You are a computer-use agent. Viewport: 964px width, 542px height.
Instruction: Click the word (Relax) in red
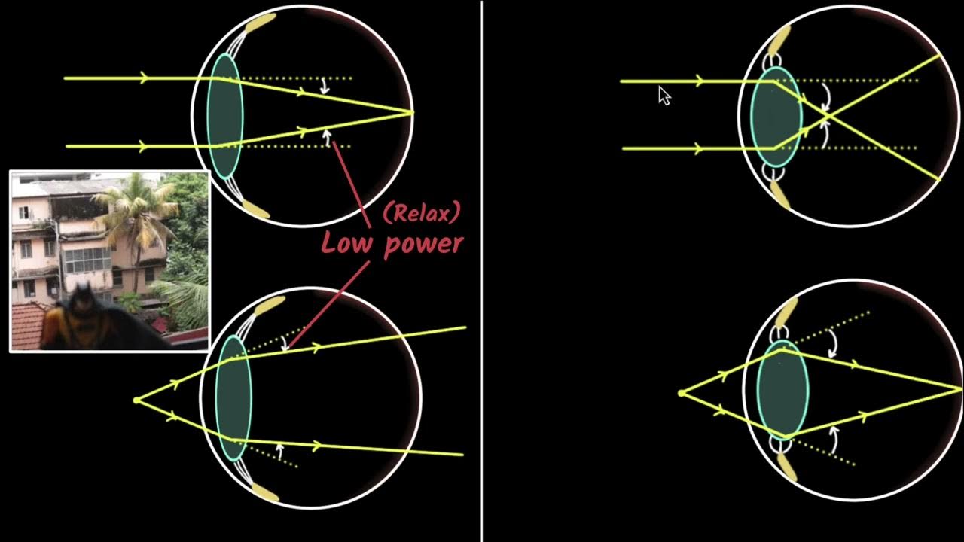click(421, 213)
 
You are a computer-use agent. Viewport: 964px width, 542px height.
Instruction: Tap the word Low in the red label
click(349, 242)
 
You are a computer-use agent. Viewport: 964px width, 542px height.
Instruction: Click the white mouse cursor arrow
click(664, 95)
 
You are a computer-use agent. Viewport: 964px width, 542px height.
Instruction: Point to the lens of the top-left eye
click(225, 114)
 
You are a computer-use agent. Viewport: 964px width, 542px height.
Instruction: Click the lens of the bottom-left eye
click(233, 397)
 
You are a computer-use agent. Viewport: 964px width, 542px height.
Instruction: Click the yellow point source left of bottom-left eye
click(136, 400)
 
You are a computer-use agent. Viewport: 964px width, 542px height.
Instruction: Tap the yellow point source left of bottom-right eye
click(682, 393)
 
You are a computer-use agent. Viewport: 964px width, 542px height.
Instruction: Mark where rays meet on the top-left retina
click(412, 113)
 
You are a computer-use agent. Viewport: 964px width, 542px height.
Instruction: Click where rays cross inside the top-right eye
click(824, 115)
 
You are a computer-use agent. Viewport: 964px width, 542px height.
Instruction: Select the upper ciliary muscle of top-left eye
click(259, 23)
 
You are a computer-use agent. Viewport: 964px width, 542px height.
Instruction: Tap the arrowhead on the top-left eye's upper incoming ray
click(144, 78)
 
